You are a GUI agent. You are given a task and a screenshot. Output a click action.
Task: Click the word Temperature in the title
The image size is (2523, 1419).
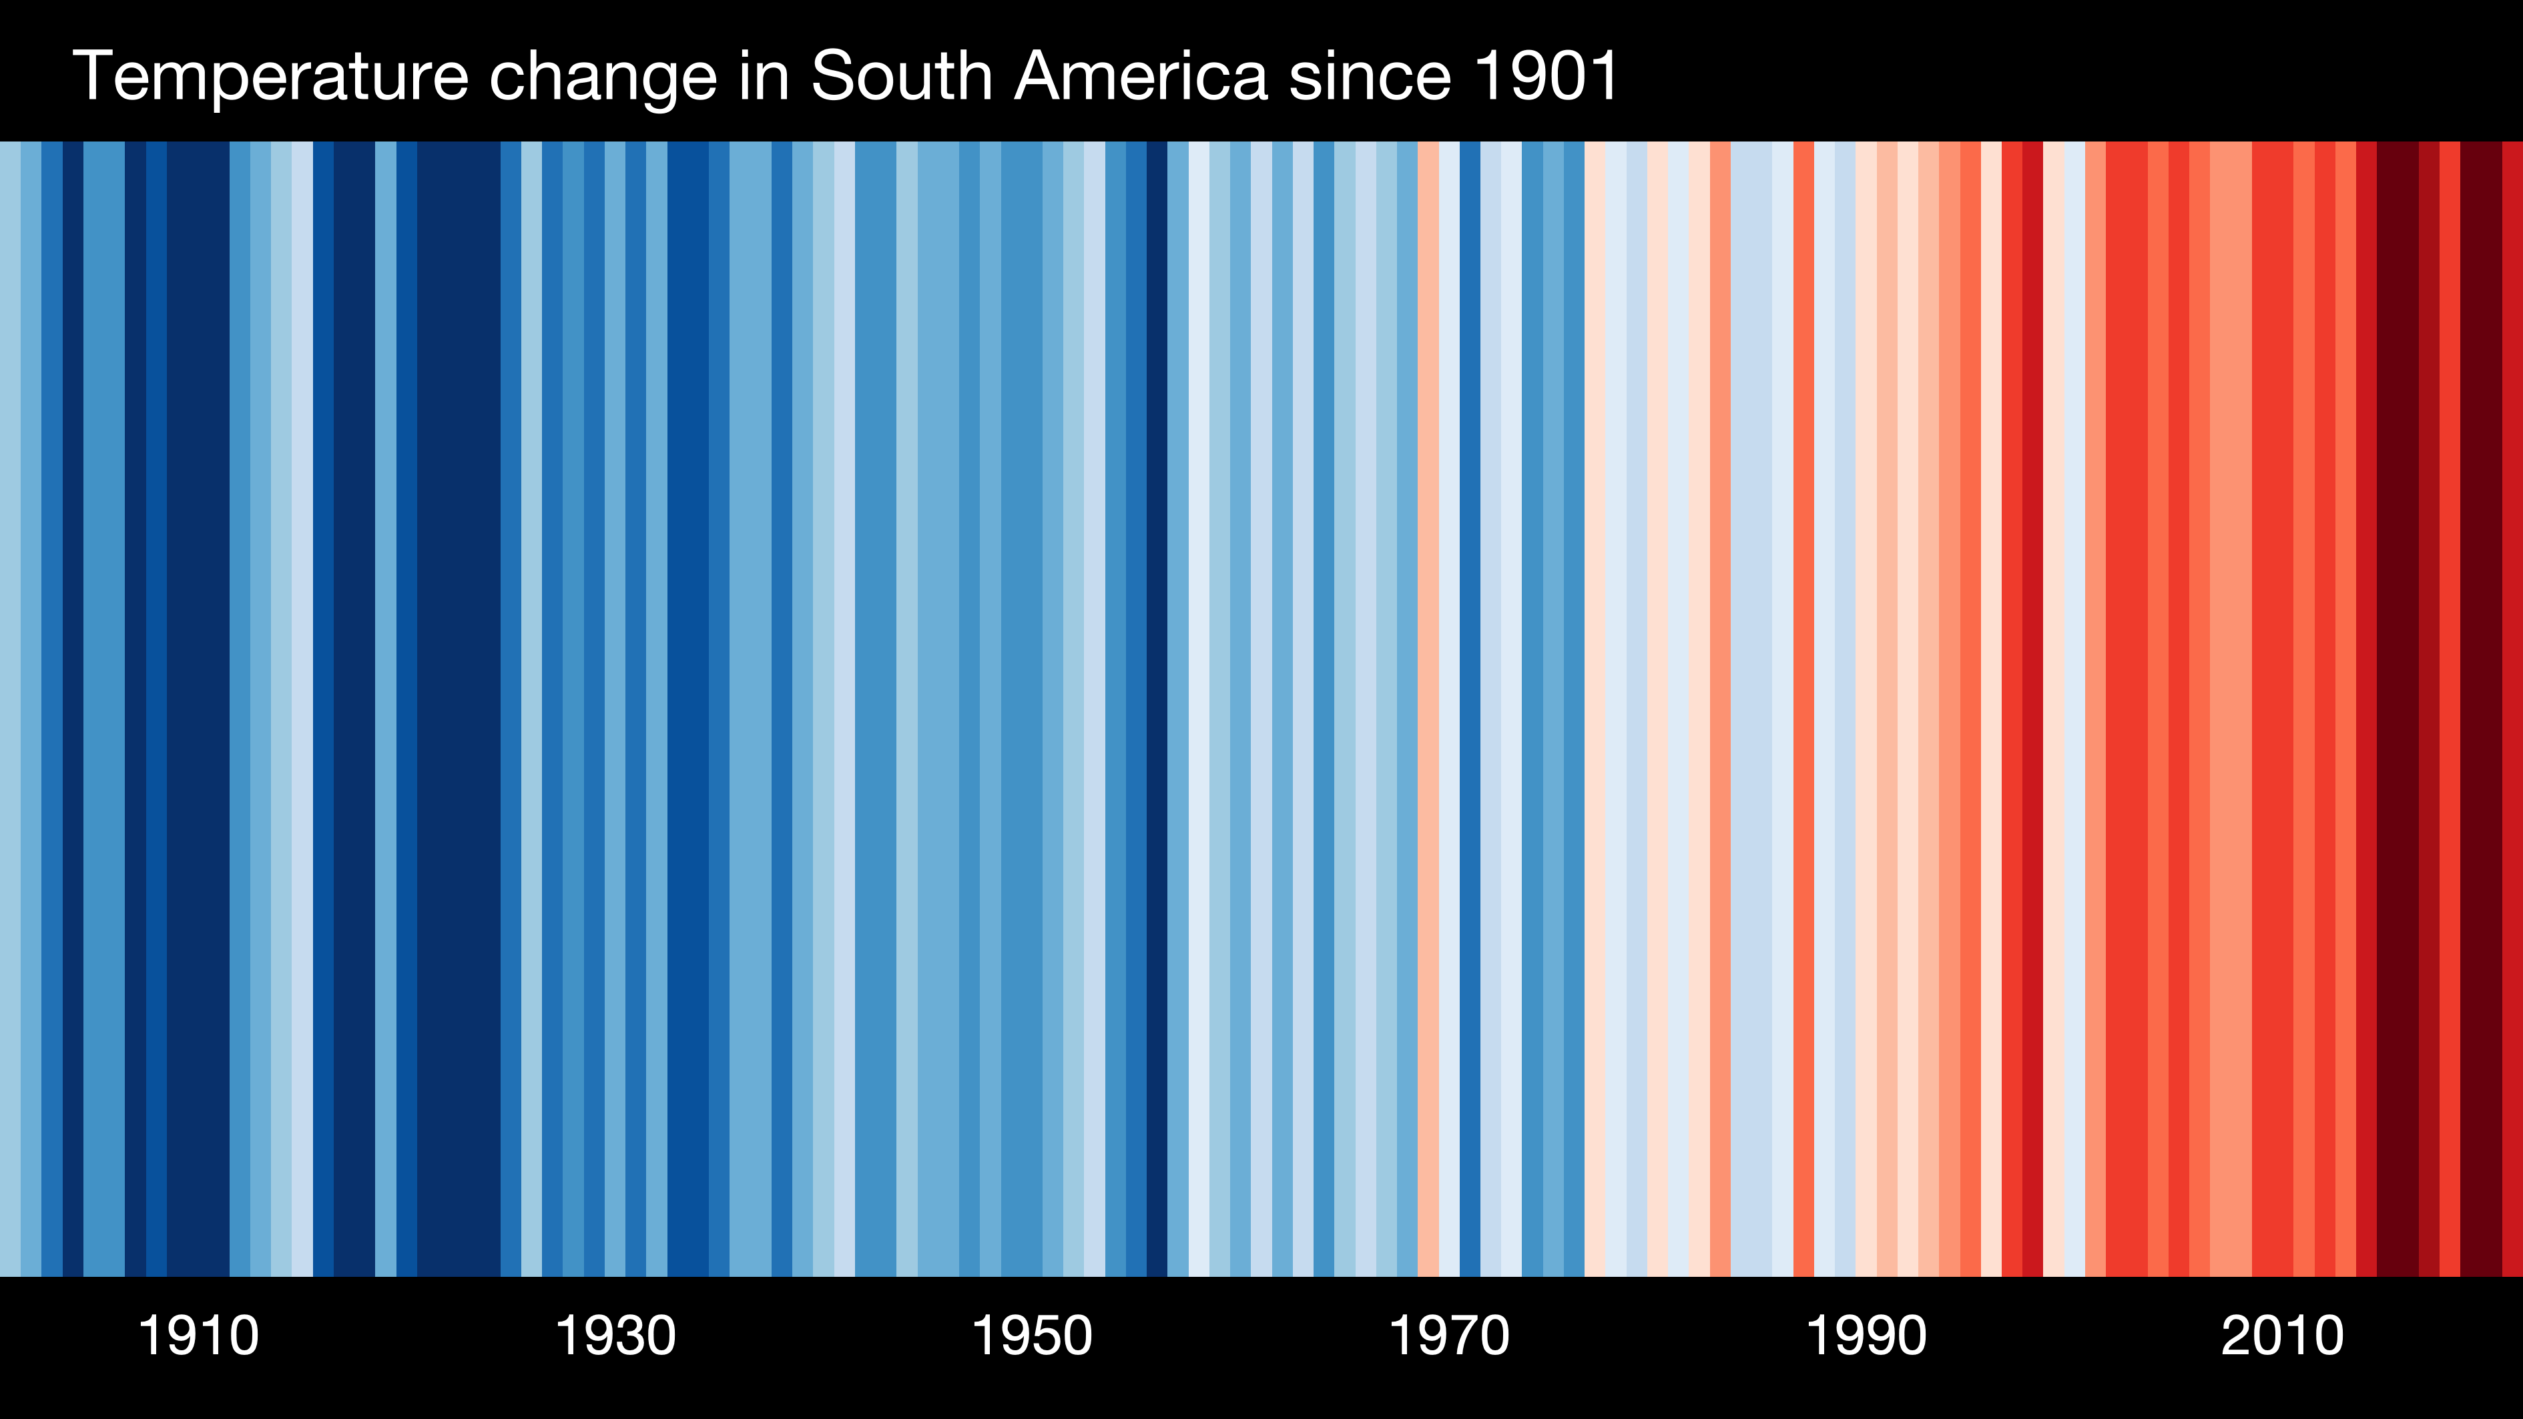[x=270, y=76]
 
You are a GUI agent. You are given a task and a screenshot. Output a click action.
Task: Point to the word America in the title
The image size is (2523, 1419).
[x=1141, y=76]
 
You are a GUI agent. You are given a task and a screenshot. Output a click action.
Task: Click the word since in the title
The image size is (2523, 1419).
[x=1369, y=76]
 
